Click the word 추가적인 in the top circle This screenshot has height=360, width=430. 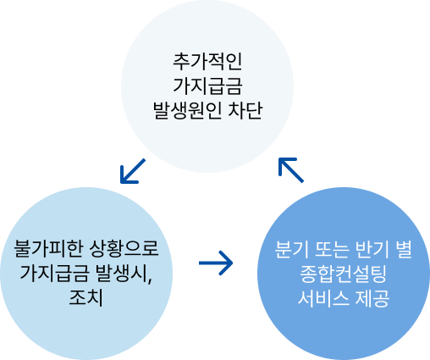pos(207,61)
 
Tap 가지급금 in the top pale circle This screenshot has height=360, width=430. pos(207,86)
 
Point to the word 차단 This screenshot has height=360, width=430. pos(245,110)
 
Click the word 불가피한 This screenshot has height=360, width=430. pos(49,248)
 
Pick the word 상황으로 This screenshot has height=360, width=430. pos(124,248)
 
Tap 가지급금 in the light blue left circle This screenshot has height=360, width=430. pos(54,273)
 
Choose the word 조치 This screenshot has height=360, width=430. pos(85,297)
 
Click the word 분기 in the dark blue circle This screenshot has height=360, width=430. pos(292,249)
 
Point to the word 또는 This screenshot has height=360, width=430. pos(332,249)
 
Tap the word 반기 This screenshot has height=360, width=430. pos(372,249)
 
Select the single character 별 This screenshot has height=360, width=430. pos(404,249)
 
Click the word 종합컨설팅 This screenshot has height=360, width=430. pos(343,274)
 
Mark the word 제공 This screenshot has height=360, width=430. pos(372,298)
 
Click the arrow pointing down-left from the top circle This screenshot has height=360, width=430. pos(133,171)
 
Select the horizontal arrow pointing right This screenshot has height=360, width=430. pos(216,263)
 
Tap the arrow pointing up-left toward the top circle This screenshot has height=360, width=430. pos(291,170)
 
